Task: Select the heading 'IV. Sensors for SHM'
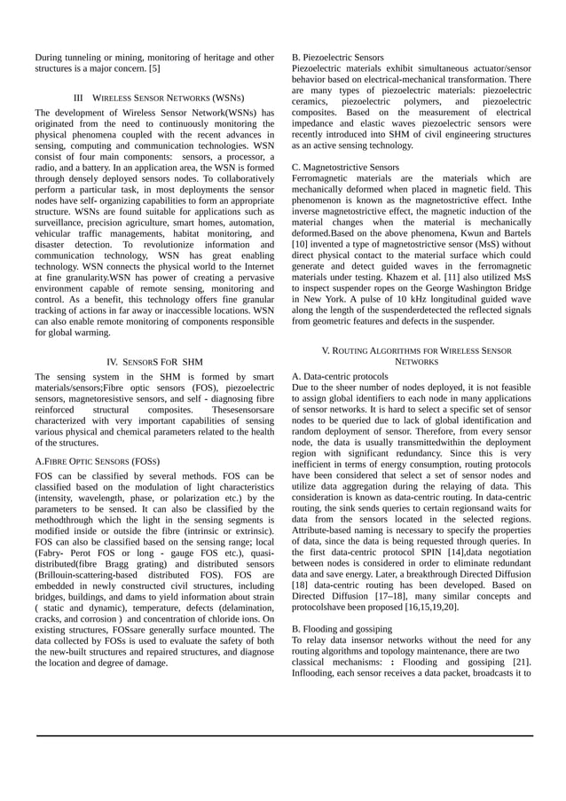(x=154, y=362)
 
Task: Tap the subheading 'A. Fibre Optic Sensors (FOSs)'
(x=98, y=462)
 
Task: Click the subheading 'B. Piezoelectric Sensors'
(x=338, y=57)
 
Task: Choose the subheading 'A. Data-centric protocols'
(x=339, y=377)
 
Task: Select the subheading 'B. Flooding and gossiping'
(x=342, y=628)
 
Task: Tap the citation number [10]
(x=302, y=242)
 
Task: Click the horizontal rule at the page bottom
(x=284, y=735)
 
